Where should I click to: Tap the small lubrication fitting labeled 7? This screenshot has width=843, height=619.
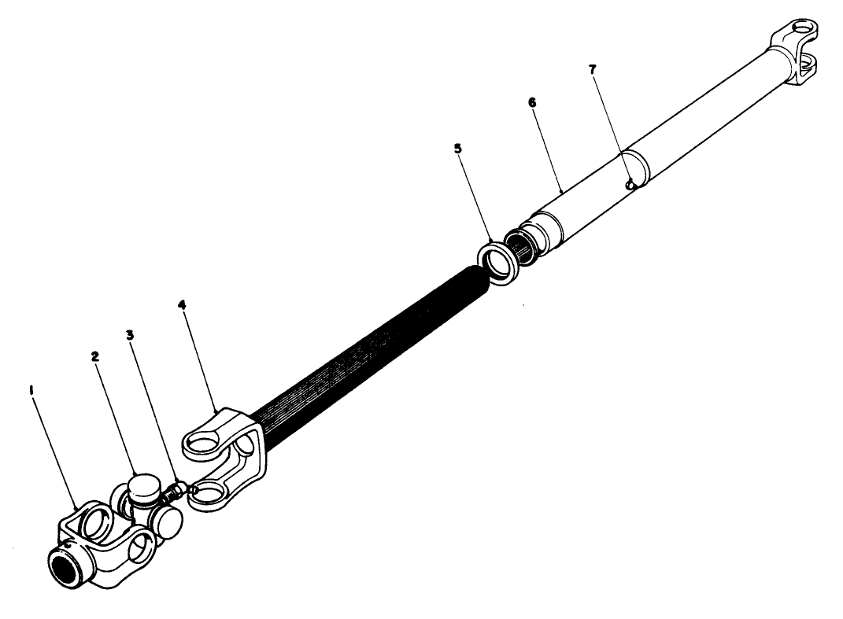(630, 184)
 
